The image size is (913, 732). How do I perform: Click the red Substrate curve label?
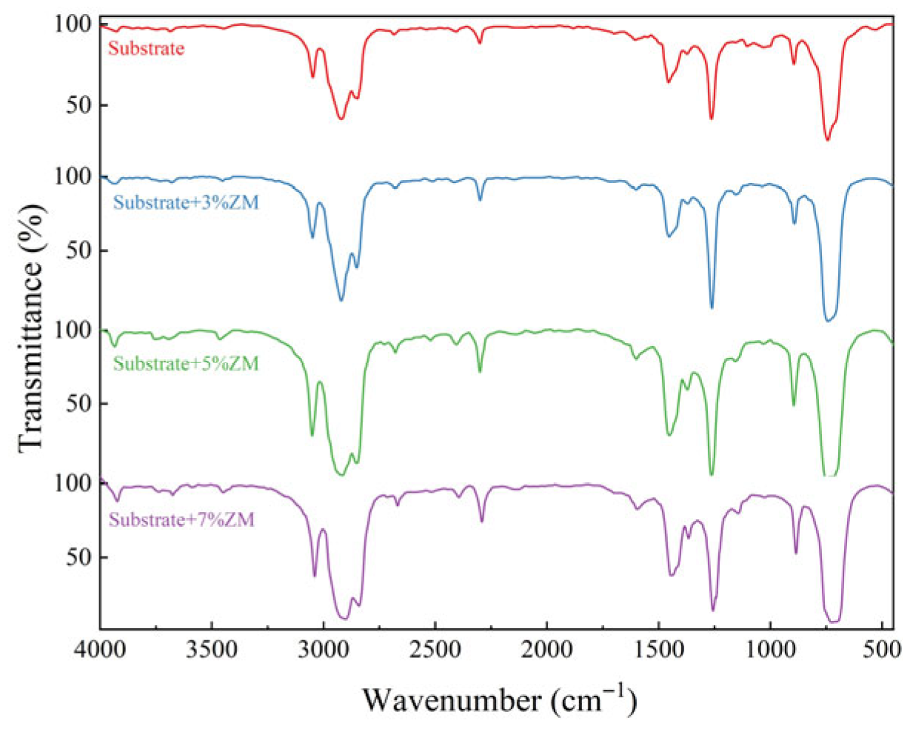click(146, 49)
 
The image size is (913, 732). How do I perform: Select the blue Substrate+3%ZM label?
click(186, 203)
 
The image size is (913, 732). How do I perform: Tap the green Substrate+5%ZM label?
click(186, 364)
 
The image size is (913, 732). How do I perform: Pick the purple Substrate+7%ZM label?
click(181, 520)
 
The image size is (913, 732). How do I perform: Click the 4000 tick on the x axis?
click(101, 650)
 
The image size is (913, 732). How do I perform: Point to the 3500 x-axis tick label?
click(212, 650)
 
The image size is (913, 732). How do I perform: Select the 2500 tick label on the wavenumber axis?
click(435, 650)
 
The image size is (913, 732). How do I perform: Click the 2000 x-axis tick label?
click(547, 650)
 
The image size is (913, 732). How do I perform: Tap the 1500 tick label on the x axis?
click(659, 650)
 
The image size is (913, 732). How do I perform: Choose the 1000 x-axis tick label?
click(771, 650)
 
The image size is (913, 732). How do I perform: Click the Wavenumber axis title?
click(498, 698)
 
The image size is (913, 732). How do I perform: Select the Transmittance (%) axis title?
click(31, 326)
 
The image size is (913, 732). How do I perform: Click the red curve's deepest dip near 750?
click(827, 139)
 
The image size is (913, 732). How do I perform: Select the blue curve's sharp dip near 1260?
click(712, 306)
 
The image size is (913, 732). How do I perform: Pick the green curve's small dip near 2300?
click(480, 370)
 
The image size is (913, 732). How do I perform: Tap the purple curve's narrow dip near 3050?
click(314, 575)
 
